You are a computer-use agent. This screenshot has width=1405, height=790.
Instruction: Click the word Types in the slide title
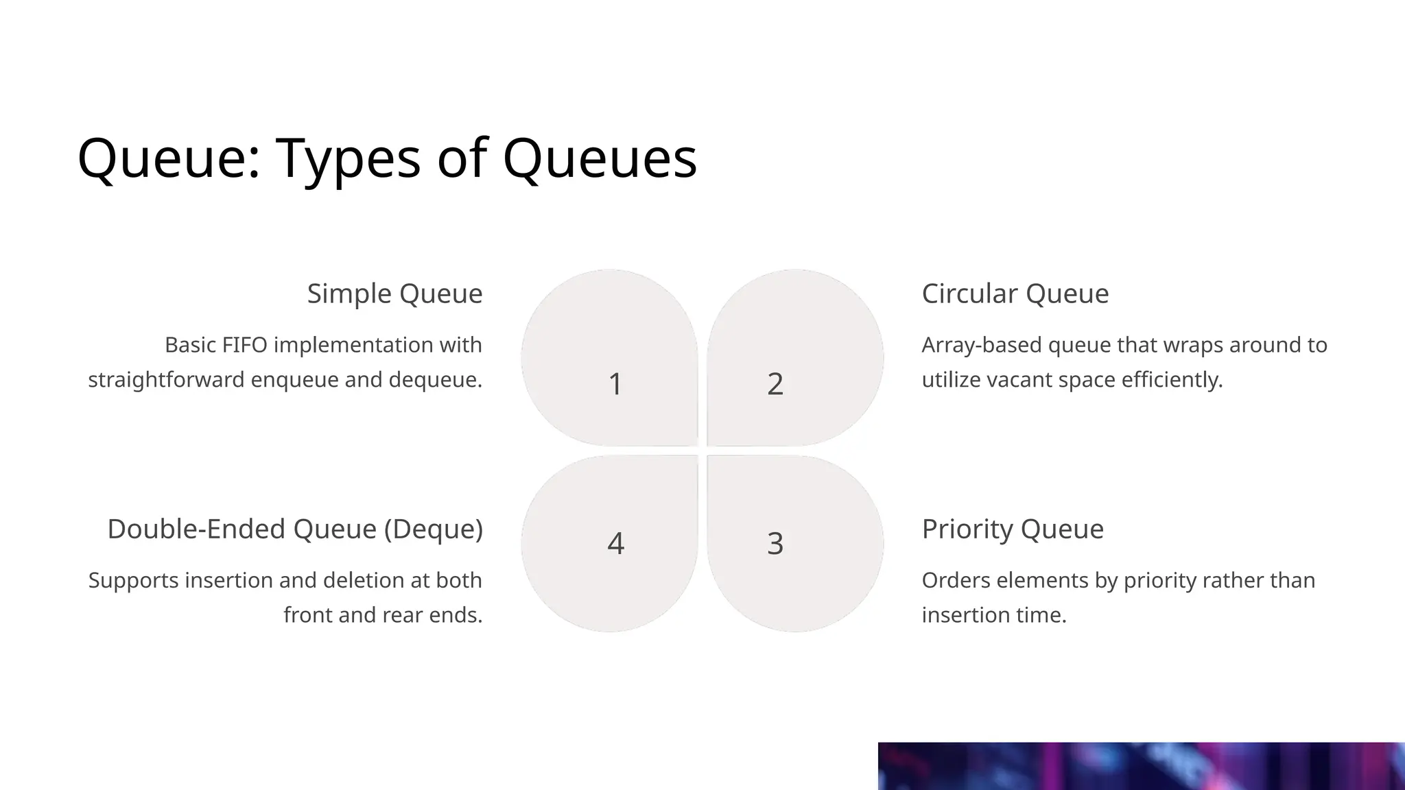[348, 160]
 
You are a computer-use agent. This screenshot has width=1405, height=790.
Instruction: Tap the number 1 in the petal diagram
[615, 384]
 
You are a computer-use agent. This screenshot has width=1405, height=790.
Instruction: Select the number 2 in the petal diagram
[775, 384]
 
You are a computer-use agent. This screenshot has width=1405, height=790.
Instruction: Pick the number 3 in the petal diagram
[775, 544]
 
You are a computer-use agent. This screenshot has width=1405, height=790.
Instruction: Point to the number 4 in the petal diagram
[615, 544]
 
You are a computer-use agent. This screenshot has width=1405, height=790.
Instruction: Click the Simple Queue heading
[394, 294]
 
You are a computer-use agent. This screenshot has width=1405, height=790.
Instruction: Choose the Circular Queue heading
[1015, 294]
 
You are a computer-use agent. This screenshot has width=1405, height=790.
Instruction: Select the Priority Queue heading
[1012, 529]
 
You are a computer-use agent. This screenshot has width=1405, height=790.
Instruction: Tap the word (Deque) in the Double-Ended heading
[433, 529]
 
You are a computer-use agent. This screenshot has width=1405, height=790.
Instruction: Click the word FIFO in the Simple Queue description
[244, 345]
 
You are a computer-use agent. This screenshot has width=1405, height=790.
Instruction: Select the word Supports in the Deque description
[133, 581]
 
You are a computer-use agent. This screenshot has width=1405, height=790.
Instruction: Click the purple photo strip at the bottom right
[1141, 766]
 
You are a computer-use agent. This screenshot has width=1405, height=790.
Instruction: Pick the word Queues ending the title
[600, 160]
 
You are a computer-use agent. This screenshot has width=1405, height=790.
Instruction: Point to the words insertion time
[993, 615]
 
